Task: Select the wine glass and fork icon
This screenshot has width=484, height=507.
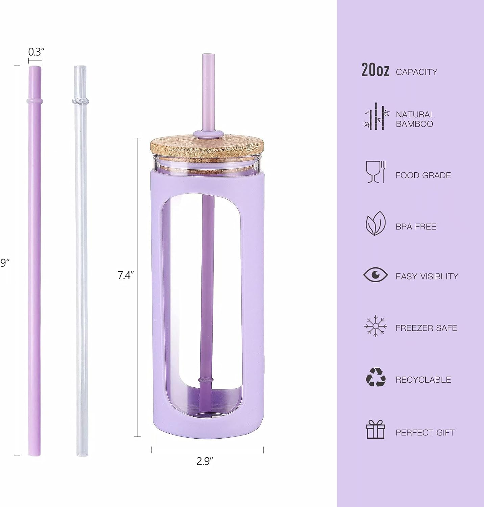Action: point(376,172)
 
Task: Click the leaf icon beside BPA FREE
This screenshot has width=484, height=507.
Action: point(376,223)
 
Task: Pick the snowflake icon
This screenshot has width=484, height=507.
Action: point(376,326)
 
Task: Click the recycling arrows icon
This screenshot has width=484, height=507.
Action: point(376,378)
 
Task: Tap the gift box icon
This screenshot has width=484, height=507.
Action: point(376,429)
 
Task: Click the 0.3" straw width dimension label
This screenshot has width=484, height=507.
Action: point(36,52)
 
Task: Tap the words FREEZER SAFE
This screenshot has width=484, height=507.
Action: point(426,328)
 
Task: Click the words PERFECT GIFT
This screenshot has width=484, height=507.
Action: point(425,432)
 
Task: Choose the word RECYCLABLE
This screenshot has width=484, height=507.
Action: point(423,380)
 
